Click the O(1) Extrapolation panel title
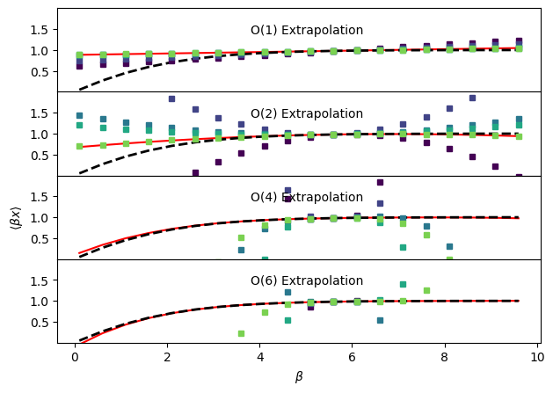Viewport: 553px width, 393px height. (306, 31)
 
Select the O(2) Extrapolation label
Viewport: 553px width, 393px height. (306, 114)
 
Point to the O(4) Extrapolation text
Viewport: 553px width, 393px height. (306, 198)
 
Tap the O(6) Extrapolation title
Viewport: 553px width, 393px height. (306, 281)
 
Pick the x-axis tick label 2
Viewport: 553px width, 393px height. (167, 359)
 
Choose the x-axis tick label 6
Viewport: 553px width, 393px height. (352, 359)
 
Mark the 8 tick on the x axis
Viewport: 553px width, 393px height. (444, 359)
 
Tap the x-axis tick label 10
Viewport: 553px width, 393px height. (536, 359)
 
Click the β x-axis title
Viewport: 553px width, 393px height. (298, 377)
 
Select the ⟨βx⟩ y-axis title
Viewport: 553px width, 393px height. (15, 217)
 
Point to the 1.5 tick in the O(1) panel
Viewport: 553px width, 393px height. (39, 30)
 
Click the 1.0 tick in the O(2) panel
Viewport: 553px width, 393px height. (39, 135)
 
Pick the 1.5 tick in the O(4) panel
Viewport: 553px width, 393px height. (39, 197)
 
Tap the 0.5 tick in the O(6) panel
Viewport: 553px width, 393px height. (39, 323)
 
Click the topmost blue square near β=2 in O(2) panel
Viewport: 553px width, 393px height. (171, 99)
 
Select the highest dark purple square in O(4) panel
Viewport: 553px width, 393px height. (380, 183)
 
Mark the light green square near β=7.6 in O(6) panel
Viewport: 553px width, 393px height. (426, 290)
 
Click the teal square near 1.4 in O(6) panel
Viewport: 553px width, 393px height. (403, 284)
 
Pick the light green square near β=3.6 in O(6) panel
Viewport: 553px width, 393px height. (241, 333)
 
